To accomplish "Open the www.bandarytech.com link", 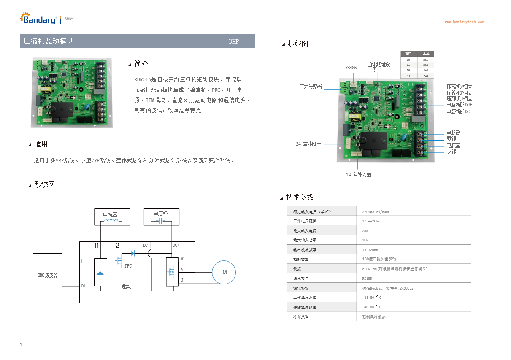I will click(464, 22).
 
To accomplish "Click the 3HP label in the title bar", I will click(234, 41).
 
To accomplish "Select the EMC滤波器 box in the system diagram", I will click(48, 275).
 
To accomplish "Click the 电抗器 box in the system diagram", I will click(111, 217).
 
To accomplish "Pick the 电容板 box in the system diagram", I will click(161, 217).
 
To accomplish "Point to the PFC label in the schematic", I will click(128, 266).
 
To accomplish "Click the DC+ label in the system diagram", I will click(176, 245).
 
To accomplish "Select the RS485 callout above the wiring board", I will click(351, 68).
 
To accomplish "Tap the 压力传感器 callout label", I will click(310, 87).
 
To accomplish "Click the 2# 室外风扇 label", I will click(308, 144).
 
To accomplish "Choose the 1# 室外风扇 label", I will click(359, 174).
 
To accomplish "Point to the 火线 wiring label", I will click(451, 152).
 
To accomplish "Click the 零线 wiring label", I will click(451, 139).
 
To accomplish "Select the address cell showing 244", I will click(425, 76).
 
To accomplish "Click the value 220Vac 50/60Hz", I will click(376, 211).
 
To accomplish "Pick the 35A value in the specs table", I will click(365, 231).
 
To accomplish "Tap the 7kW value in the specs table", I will click(365, 240).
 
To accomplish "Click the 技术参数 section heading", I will click(300, 198).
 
